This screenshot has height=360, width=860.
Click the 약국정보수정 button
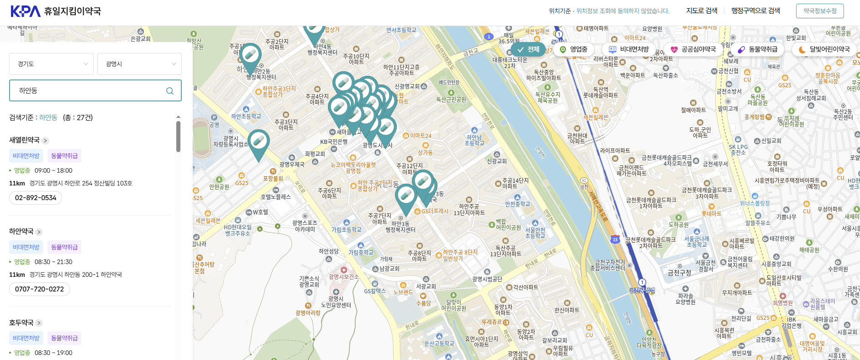(820, 11)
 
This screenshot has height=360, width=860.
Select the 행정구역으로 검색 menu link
(755, 11)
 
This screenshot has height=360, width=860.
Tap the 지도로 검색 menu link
(702, 11)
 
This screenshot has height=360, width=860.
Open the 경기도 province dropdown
(51, 64)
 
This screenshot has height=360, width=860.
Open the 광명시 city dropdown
(139, 64)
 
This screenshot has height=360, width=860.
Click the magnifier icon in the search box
(170, 91)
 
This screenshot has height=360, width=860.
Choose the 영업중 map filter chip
(574, 49)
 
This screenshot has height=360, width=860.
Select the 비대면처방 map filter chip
(629, 49)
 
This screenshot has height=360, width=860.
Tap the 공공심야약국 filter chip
(693, 49)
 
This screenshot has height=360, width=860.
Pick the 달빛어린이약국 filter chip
(824, 49)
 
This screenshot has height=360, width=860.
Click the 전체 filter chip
(528, 49)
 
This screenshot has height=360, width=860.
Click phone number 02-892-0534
(36, 198)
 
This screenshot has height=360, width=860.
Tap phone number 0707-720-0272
(39, 289)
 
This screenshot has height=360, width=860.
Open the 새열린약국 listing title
(24, 140)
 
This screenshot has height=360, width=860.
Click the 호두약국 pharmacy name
(21, 323)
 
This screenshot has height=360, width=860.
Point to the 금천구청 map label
(679, 273)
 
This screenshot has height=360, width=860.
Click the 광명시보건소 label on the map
(343, 277)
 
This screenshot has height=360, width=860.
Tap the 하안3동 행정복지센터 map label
(400, 227)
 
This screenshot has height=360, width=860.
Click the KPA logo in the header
(26, 11)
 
